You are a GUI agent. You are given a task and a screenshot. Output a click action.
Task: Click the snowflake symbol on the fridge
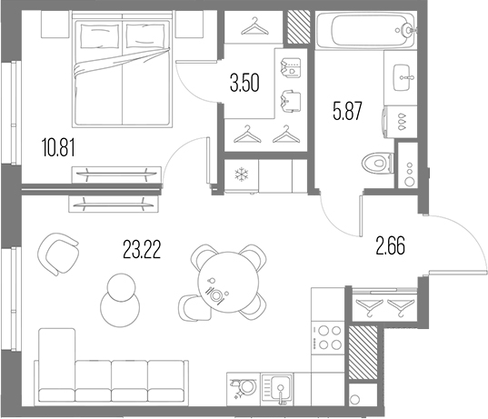[242, 175]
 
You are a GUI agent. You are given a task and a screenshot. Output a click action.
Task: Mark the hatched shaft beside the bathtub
[297, 26]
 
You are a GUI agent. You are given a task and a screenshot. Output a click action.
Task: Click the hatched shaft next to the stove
[361, 347]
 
